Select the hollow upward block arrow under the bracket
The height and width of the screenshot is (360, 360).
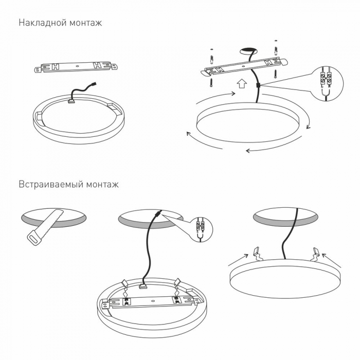click(242, 83)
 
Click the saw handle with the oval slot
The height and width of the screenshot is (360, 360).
click(34, 238)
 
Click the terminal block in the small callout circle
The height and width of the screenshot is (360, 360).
click(200, 226)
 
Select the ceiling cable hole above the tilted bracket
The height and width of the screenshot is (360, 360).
click(248, 51)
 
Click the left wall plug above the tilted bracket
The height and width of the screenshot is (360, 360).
click(211, 59)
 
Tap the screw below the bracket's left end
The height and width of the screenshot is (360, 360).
click(211, 82)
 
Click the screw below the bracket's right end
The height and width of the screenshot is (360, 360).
click(275, 73)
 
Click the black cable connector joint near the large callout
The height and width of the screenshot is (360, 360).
click(258, 85)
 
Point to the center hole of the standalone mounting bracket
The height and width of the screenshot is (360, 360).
click(77, 66)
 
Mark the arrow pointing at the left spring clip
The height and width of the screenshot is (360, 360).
click(238, 260)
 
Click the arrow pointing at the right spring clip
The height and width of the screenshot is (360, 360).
click(332, 261)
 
